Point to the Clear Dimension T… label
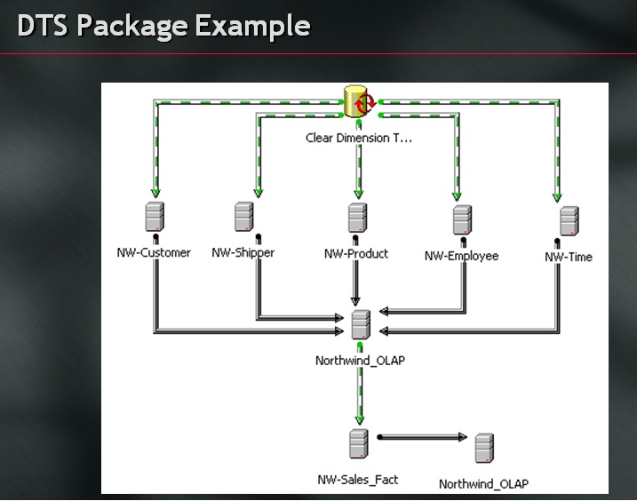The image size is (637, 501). click(x=359, y=138)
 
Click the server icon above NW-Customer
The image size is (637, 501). click(x=155, y=217)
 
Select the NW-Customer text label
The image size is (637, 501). click(x=154, y=253)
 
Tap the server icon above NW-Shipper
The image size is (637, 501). click(x=244, y=216)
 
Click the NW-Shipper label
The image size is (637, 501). click(x=243, y=253)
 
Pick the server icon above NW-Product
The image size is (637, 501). click(x=357, y=217)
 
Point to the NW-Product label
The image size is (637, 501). click(x=356, y=254)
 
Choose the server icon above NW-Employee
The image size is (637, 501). click(x=462, y=219)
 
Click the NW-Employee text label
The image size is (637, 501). click(x=461, y=256)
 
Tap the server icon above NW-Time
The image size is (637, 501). click(x=569, y=220)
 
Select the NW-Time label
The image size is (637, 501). click(x=569, y=257)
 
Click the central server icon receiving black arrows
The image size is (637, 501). click(x=360, y=324)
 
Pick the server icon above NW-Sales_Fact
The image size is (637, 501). click(x=358, y=442)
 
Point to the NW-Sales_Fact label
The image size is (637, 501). click(x=358, y=480)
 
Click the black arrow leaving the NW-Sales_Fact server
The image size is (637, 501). click(x=423, y=437)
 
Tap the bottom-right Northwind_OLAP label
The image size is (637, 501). click(x=483, y=484)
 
